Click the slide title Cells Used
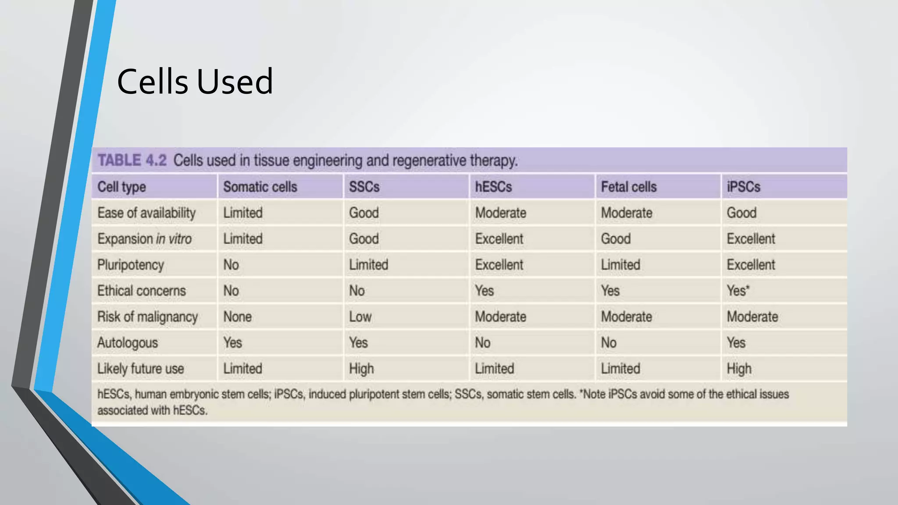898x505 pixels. (195, 82)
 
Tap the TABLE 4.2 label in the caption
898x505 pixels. (132, 160)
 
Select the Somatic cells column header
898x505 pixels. (260, 187)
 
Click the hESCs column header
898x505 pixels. (493, 187)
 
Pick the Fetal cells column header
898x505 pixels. (628, 187)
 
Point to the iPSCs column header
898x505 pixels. (743, 187)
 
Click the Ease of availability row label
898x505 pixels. (146, 213)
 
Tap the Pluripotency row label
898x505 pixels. (131, 265)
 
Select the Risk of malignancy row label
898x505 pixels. (147, 317)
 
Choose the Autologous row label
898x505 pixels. (128, 343)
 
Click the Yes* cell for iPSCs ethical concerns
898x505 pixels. (738, 291)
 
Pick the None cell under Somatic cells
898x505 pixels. (237, 317)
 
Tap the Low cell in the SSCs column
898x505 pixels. (360, 317)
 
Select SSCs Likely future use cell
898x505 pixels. (361, 369)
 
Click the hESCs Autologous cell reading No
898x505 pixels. (482, 343)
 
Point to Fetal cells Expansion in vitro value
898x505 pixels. (616, 239)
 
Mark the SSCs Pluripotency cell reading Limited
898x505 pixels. (368, 265)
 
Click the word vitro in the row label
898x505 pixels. (180, 239)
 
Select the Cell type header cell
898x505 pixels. (121, 187)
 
